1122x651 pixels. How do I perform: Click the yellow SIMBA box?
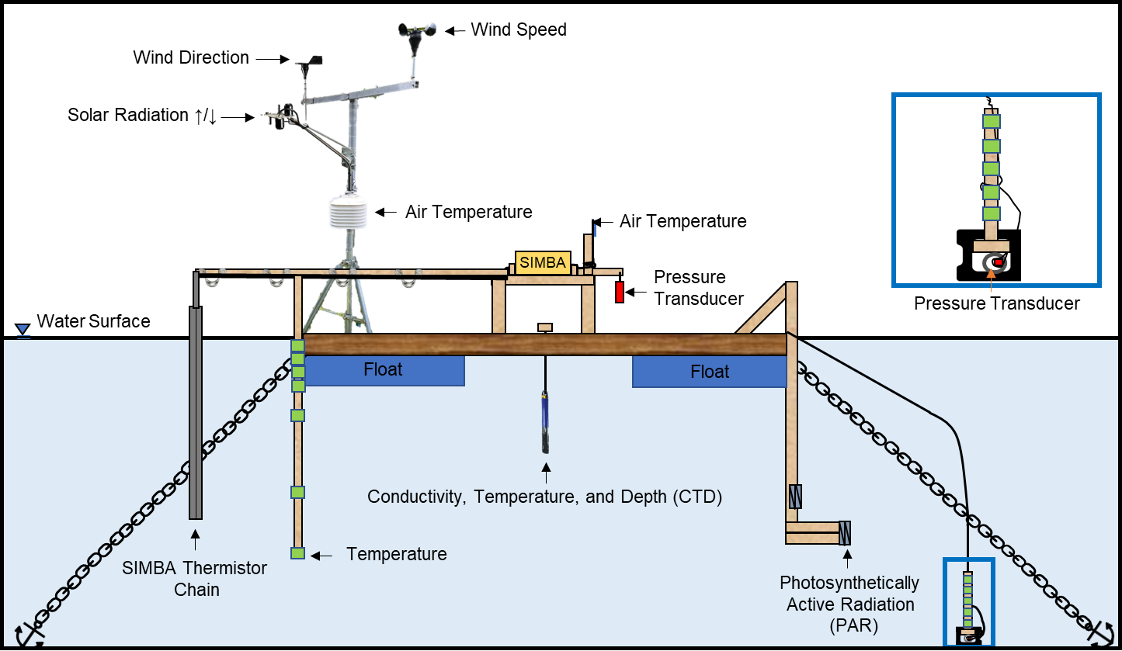point(543,262)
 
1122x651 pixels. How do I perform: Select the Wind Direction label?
point(191,57)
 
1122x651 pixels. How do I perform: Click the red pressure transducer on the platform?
point(620,293)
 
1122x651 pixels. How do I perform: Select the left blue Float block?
point(384,370)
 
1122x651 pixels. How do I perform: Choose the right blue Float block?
point(709,372)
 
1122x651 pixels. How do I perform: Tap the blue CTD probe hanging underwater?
point(545,423)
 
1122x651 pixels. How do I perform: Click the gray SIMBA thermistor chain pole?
point(195,411)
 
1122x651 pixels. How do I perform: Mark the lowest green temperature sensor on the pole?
point(297,553)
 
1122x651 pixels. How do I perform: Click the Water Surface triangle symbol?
point(23,322)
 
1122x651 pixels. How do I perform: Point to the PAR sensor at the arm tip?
point(846,533)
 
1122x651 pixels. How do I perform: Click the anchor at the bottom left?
point(29,634)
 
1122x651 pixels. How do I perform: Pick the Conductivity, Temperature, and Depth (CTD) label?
point(544,497)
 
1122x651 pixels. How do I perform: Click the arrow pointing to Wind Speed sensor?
point(453,30)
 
